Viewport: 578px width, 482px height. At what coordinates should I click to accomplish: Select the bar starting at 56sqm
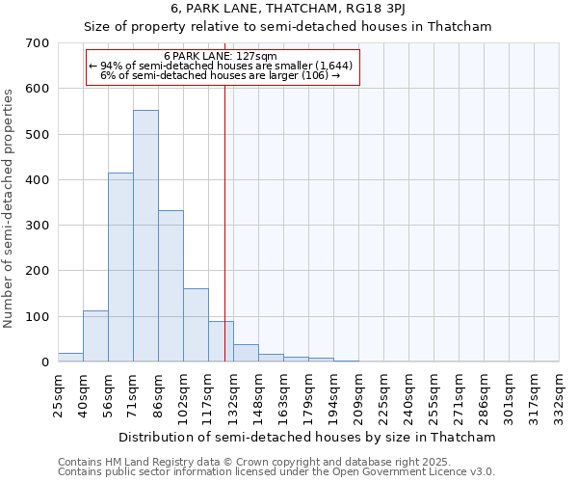(120, 268)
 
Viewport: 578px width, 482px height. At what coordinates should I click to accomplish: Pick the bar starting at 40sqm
(95, 336)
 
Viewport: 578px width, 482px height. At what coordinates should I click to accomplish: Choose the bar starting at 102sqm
(196, 325)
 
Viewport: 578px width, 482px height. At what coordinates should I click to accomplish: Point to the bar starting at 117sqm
(221, 341)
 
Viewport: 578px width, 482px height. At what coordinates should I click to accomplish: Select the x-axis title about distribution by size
(308, 437)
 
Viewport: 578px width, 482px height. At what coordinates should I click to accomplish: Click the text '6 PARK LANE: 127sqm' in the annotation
(221, 56)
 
